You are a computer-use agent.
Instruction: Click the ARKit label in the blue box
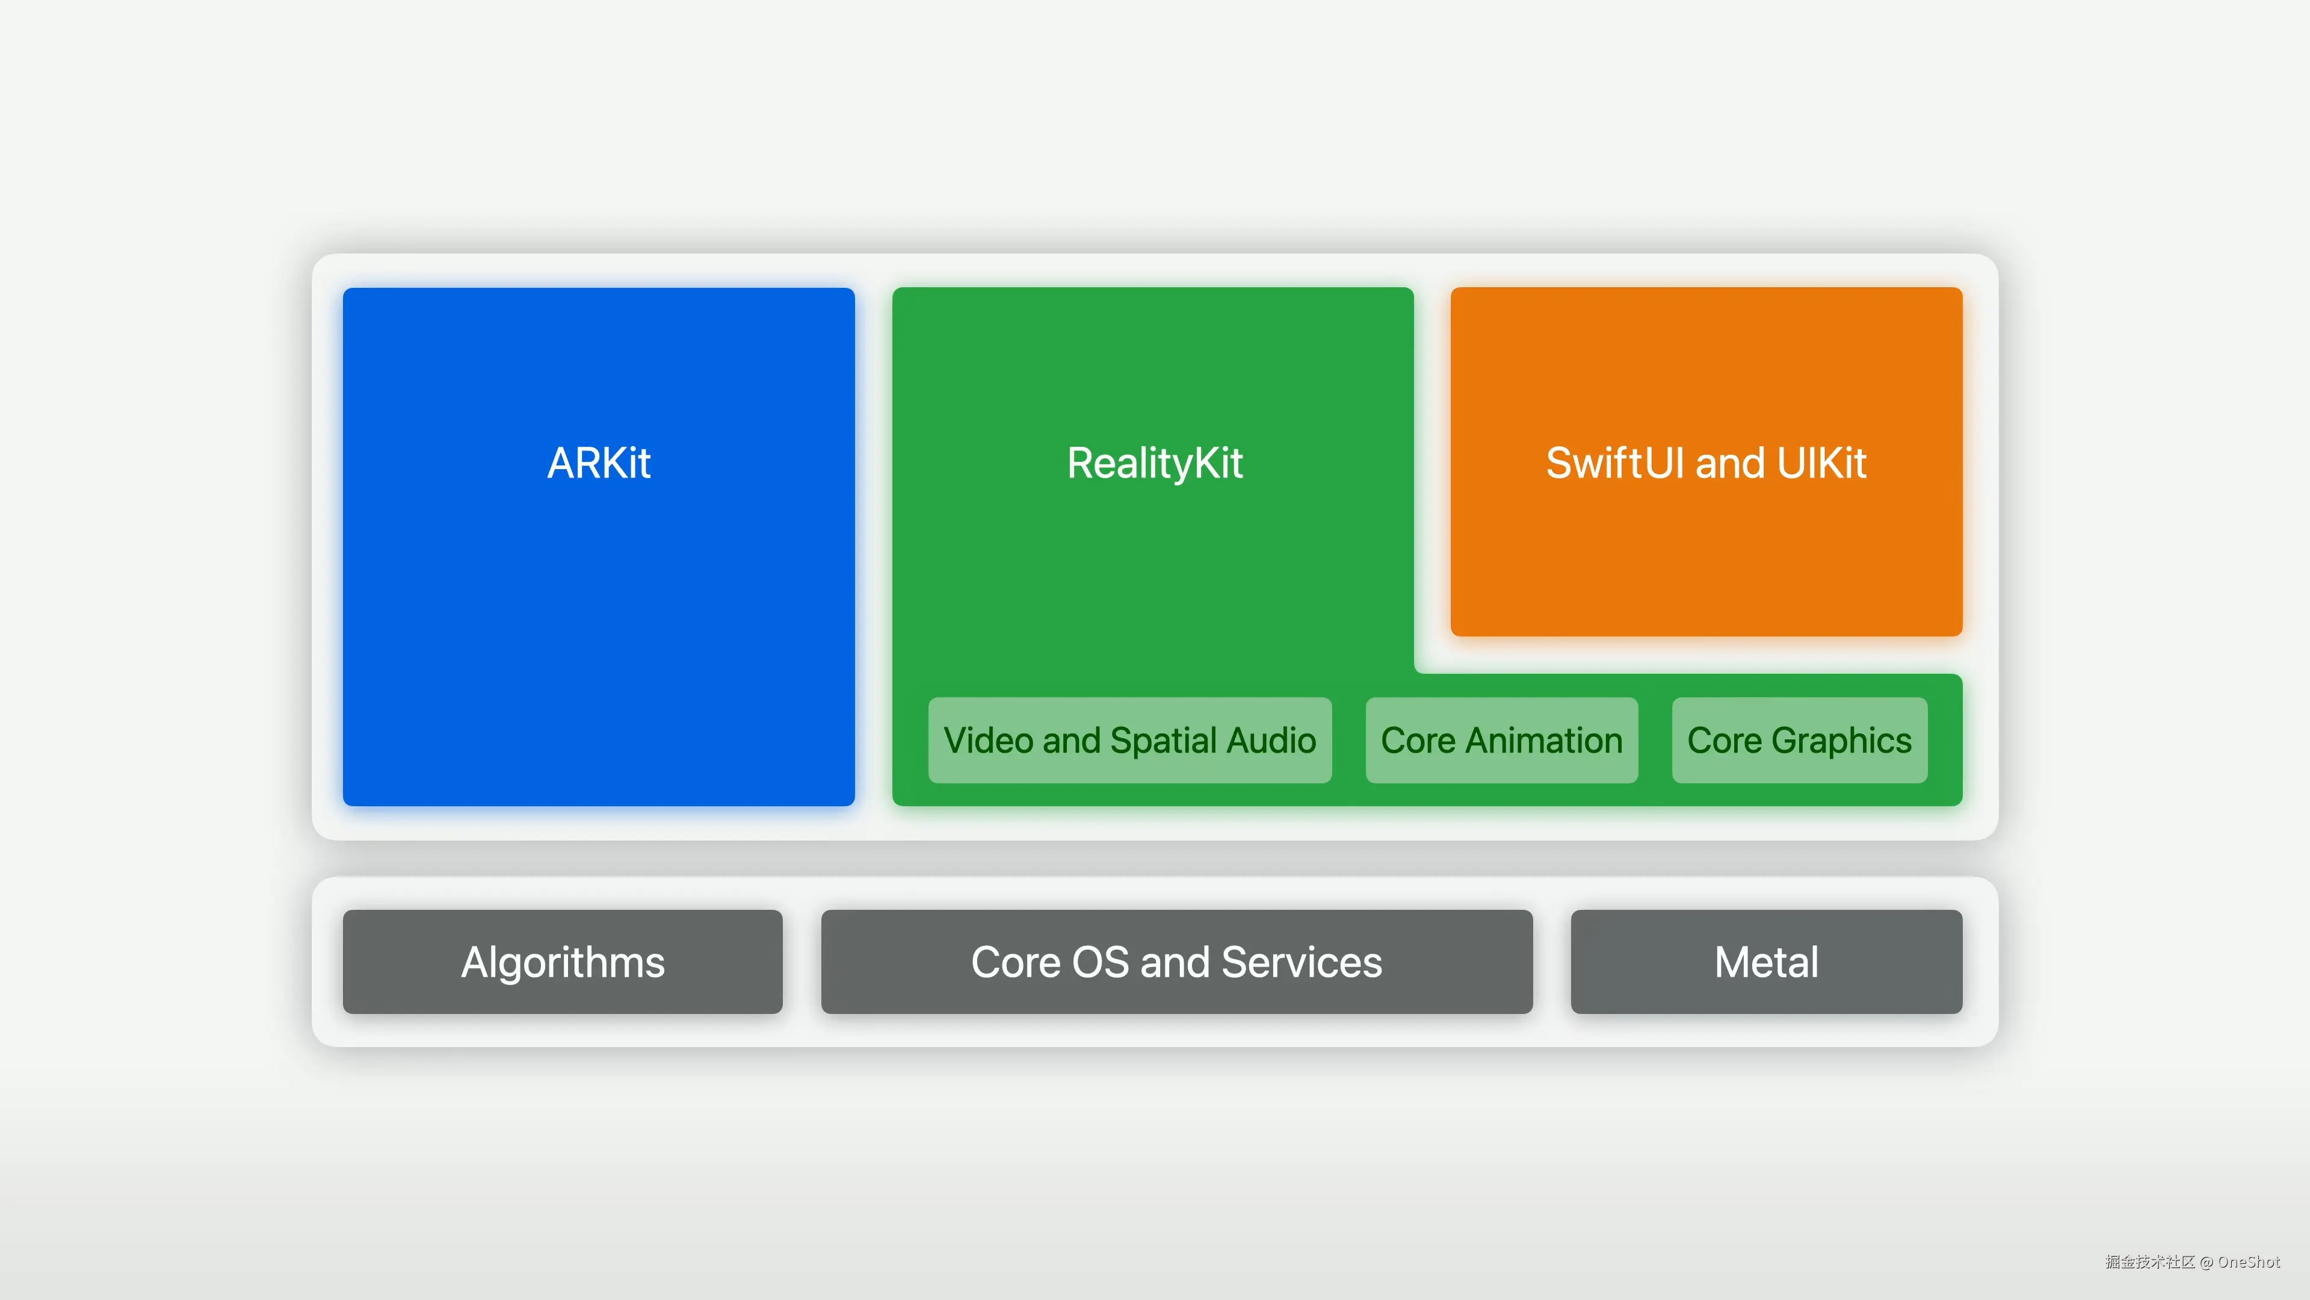tap(599, 463)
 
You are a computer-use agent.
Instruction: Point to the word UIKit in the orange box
tap(1821, 463)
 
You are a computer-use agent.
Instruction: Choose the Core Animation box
tap(1501, 740)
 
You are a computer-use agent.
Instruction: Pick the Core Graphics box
tap(1799, 740)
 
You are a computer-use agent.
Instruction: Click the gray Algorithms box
tap(562, 962)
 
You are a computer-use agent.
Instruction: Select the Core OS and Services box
tap(1176, 962)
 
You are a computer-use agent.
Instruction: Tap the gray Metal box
tap(1765, 962)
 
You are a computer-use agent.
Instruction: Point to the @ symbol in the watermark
tap(2206, 1262)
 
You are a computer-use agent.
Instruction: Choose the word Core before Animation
tap(1418, 740)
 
